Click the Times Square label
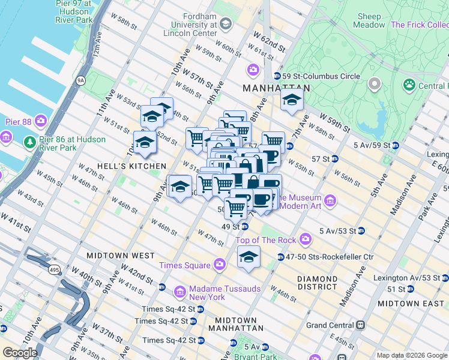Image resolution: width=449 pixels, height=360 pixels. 184,265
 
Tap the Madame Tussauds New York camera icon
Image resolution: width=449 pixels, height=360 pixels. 179,292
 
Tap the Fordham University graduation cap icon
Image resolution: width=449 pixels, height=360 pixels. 226,23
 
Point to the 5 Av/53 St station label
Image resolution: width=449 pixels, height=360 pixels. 339,230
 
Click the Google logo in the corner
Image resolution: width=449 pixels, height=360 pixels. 19,353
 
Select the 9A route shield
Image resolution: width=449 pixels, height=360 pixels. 80,79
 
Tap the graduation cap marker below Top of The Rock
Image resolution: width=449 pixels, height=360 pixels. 248,257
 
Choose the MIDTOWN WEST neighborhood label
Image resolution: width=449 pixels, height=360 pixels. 121,256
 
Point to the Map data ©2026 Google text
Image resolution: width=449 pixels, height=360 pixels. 411,355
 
